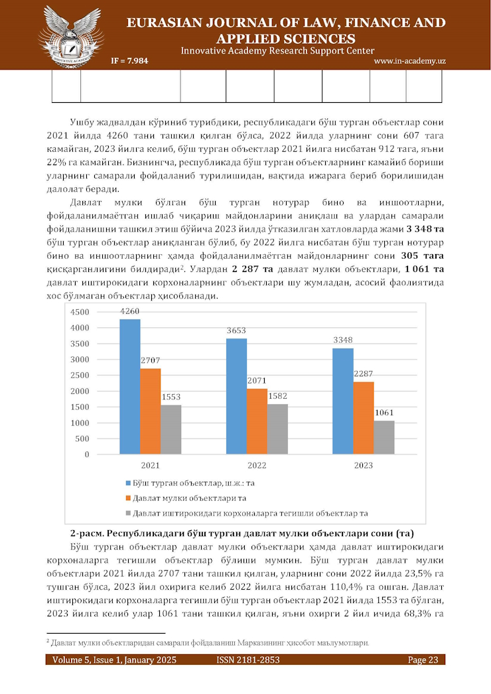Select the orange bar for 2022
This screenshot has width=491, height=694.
point(257,421)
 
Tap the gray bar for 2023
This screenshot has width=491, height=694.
point(384,438)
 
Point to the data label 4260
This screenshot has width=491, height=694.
point(130,311)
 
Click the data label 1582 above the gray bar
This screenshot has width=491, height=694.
point(277,396)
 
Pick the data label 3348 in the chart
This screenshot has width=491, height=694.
point(343,341)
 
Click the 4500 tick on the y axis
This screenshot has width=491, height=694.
point(80,312)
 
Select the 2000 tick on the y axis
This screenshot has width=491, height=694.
point(80,391)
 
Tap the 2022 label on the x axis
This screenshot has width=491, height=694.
point(257,466)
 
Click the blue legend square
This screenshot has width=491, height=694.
point(128,484)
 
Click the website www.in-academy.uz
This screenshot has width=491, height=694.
point(409,61)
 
